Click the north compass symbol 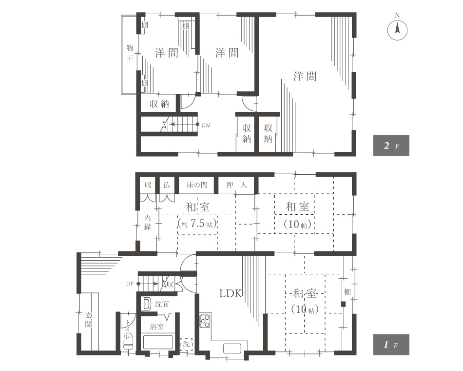click(397, 30)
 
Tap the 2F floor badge click(391, 145)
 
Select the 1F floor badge click(391, 344)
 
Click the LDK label click(231, 293)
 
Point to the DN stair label click(206, 125)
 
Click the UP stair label click(130, 284)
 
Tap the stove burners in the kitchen click(205, 321)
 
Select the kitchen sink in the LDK click(232, 348)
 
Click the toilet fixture click(129, 343)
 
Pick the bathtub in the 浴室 click(158, 342)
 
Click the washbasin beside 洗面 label click(146, 304)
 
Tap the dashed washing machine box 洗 click(186, 344)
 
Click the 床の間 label click(197, 185)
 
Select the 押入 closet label click(236, 185)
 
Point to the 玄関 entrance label click(88, 320)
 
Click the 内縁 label click(147, 222)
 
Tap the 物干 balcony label click(130, 53)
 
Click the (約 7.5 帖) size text click(197, 224)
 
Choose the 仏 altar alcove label click(167, 185)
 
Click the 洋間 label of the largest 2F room click(305, 76)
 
